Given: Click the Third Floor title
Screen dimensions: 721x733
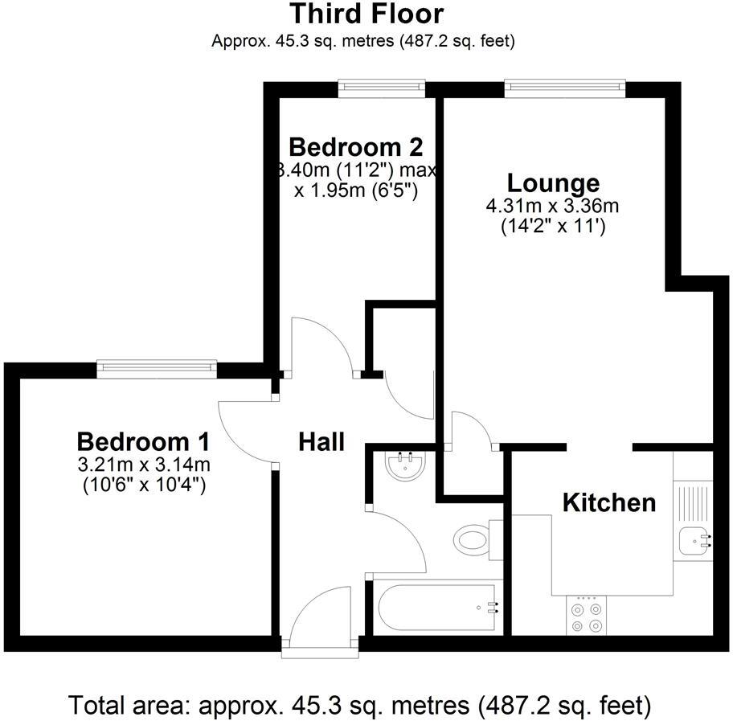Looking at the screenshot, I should click(366, 14).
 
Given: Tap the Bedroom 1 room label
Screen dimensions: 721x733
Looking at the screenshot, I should click(143, 441).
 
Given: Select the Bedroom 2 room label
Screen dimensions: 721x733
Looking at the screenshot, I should click(355, 147).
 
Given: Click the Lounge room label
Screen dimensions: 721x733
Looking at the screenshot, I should click(553, 183).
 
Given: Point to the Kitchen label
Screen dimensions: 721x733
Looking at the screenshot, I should click(608, 503).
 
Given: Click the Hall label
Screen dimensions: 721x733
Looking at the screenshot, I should click(321, 441).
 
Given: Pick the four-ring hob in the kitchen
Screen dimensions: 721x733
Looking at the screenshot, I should click(585, 617).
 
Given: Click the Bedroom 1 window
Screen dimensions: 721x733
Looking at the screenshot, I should click(158, 368).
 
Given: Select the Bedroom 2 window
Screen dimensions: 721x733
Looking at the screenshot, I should click(381, 86).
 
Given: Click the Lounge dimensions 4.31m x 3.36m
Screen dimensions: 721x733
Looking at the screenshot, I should click(552, 207).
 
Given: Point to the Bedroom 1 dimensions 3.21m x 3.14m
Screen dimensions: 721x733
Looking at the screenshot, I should click(143, 465).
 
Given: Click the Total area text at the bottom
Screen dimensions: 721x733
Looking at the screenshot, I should click(359, 705).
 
